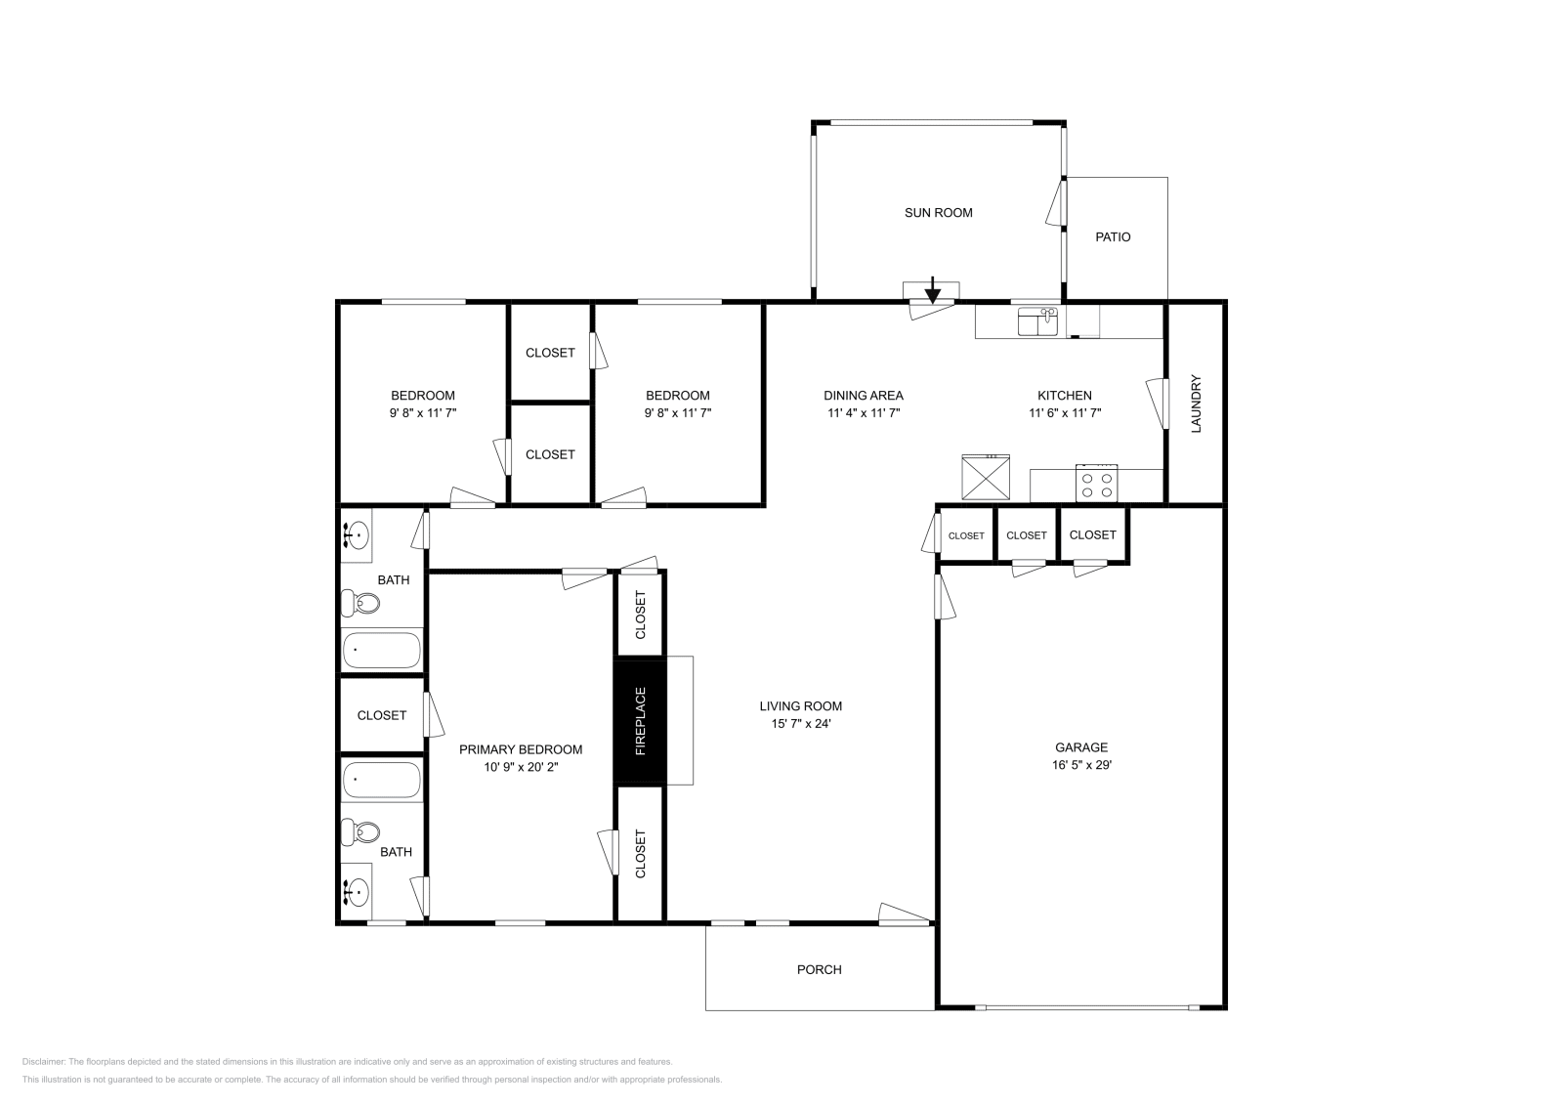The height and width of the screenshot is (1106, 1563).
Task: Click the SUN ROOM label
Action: pyautogui.click(x=938, y=213)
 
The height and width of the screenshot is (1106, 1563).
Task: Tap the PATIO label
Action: pyautogui.click(x=1113, y=237)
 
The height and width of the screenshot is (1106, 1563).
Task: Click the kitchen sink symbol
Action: pyautogui.click(x=1038, y=321)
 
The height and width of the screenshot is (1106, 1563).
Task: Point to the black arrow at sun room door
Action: pyautogui.click(x=933, y=289)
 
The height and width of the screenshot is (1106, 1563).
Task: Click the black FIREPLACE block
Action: pyautogui.click(x=640, y=722)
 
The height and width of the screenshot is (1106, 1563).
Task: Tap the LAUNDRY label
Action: pyautogui.click(x=1196, y=404)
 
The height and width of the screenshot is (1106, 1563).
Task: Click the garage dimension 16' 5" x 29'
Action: pyautogui.click(x=1081, y=765)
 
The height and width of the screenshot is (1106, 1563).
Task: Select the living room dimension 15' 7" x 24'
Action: pyautogui.click(x=800, y=724)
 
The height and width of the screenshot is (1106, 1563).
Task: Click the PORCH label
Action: pyautogui.click(x=819, y=969)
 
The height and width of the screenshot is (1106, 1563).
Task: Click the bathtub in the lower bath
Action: pyautogui.click(x=382, y=780)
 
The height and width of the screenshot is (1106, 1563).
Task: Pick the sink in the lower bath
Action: pyautogui.click(x=357, y=891)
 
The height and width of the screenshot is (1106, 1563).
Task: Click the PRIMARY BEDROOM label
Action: pyautogui.click(x=521, y=749)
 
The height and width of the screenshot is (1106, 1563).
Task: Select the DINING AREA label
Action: pyautogui.click(x=863, y=396)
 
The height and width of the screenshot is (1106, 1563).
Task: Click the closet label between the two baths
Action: pyautogui.click(x=381, y=715)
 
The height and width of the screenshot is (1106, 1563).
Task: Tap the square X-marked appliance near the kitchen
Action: pyautogui.click(x=987, y=479)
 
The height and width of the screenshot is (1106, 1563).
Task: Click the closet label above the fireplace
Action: pyautogui.click(x=641, y=615)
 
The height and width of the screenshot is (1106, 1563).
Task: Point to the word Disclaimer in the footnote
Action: pyautogui.click(x=43, y=1061)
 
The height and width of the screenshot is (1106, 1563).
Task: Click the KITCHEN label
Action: pyautogui.click(x=1064, y=396)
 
